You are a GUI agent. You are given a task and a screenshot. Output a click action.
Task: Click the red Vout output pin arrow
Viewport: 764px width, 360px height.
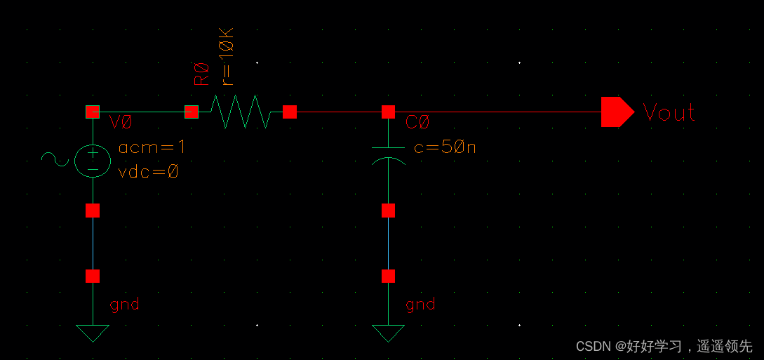[616, 112]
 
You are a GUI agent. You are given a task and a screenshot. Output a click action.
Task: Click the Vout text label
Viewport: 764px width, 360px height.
[669, 113]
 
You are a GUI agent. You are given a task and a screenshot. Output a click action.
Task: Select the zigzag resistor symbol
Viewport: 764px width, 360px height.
[240, 112]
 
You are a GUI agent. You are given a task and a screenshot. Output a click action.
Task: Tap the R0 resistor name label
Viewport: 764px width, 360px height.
[202, 74]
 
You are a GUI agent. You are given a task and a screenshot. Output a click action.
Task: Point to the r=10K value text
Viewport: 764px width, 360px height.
[228, 56]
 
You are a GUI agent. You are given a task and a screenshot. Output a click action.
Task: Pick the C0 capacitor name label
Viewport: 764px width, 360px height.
[417, 124]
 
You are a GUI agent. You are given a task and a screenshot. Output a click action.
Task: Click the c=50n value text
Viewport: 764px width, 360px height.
[445, 148]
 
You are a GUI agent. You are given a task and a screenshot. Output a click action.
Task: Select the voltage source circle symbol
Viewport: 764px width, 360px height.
[93, 160]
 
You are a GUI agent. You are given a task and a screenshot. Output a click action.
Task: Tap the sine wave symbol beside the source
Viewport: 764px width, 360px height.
[54, 159]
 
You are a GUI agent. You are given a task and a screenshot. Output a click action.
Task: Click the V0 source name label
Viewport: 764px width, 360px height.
[121, 123]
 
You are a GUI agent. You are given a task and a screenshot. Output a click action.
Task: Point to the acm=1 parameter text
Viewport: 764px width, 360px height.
[152, 148]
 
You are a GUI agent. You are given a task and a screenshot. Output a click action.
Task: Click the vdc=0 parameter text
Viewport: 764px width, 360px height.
[148, 171]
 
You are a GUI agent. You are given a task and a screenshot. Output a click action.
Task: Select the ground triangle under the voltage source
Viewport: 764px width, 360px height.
[93, 333]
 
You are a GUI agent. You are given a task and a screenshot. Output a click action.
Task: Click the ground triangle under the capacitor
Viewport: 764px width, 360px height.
[388, 333]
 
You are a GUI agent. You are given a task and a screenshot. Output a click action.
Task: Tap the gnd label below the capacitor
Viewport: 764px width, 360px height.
[420, 304]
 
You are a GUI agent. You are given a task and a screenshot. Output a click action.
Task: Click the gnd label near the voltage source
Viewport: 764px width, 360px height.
[124, 304]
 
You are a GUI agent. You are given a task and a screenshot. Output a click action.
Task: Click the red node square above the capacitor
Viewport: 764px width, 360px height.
[388, 112]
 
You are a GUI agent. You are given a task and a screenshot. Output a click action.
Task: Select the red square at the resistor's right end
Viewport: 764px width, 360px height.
[290, 112]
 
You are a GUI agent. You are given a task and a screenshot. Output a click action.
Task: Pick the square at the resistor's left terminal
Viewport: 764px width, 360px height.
[191, 112]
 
